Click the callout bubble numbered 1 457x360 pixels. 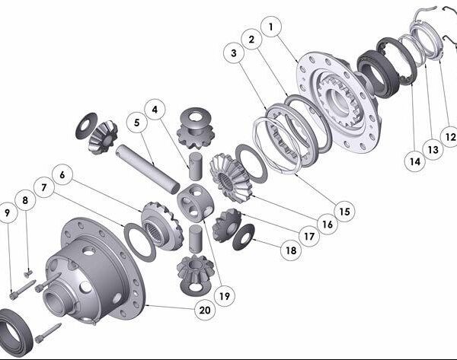[271, 27]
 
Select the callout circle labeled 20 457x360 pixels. [205, 310]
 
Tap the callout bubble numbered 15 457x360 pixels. [344, 212]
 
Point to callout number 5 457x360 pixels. [136, 123]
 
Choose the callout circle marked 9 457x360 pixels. [8, 212]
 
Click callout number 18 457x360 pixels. [291, 250]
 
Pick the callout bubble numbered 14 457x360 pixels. [415, 161]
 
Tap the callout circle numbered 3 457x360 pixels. [234, 53]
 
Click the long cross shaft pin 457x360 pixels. [148, 169]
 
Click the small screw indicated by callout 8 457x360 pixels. [27, 273]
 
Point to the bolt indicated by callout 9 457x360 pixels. [23, 289]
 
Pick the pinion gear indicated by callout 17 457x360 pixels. [227, 225]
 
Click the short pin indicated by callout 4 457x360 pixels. [195, 166]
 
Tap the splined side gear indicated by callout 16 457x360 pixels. [230, 177]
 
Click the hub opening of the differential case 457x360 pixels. [56, 301]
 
